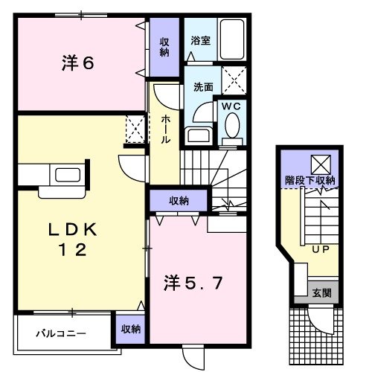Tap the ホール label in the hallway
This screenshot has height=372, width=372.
click(x=164, y=130)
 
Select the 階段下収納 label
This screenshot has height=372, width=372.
click(x=310, y=180)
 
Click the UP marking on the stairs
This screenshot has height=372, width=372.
click(x=321, y=248)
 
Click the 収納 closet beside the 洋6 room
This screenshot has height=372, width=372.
click(x=164, y=46)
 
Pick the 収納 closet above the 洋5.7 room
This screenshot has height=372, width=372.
click(x=178, y=200)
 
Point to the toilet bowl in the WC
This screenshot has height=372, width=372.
click(x=231, y=132)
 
